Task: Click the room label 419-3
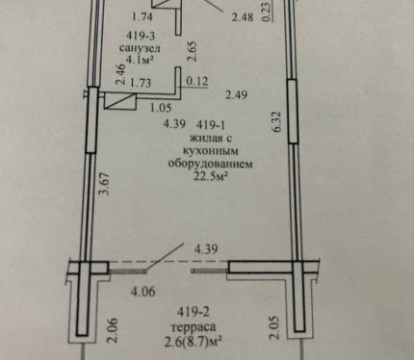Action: pyautogui.click(x=141, y=36)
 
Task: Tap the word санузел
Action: pyautogui.click(x=140, y=48)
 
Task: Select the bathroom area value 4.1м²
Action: pyautogui.click(x=140, y=60)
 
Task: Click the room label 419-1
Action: pyautogui.click(x=210, y=124)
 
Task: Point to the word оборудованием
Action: pyautogui.click(x=211, y=164)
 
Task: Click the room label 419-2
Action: pyautogui.click(x=193, y=311)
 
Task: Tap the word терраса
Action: pyautogui.click(x=194, y=327)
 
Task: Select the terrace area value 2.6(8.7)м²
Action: pyautogui.click(x=194, y=342)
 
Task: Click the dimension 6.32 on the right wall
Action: pyautogui.click(x=277, y=121)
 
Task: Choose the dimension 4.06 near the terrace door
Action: pyautogui.click(x=143, y=292)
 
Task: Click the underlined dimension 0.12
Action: pyautogui.click(x=197, y=81)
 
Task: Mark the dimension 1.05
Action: pyautogui.click(x=161, y=108)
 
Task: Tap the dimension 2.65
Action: pyautogui.click(x=193, y=51)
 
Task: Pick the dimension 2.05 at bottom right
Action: pyautogui.click(x=275, y=327)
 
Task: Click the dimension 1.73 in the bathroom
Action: pyautogui.click(x=142, y=83)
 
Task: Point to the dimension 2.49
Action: pyautogui.click(x=236, y=95)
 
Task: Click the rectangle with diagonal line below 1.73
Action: pyautogui.click(x=120, y=102)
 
